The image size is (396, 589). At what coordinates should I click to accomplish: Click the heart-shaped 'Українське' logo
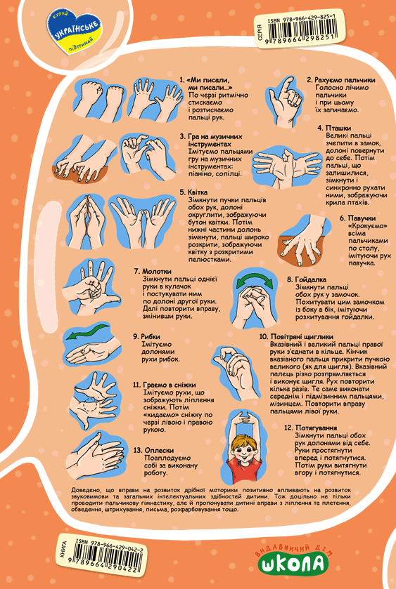(75, 32)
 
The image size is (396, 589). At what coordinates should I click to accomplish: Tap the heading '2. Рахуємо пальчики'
(341, 80)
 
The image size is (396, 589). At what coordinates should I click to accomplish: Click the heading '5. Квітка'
(193, 192)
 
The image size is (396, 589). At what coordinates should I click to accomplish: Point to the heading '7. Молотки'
(153, 272)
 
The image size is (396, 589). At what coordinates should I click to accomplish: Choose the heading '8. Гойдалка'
(307, 279)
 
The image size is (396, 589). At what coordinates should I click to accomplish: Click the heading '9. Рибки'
(146, 337)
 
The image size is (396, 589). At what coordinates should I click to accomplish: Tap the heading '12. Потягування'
(311, 428)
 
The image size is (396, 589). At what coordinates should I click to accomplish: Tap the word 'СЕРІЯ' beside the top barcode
(260, 32)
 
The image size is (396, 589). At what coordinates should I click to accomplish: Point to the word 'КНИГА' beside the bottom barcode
(63, 550)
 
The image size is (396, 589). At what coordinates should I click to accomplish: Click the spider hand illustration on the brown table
(304, 239)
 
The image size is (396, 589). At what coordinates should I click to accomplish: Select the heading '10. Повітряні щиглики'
(296, 336)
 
